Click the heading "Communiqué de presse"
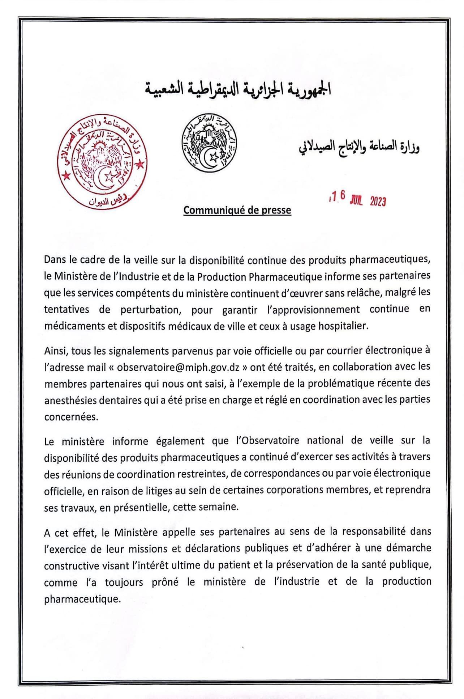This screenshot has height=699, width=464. [237, 210]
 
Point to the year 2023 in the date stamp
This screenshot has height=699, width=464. [378, 201]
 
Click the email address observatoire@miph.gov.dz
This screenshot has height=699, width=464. [178, 367]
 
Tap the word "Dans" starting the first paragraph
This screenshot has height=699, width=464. [54, 259]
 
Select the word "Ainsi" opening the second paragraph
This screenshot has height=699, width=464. [55, 351]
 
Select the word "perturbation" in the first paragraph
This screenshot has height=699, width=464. [150, 310]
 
